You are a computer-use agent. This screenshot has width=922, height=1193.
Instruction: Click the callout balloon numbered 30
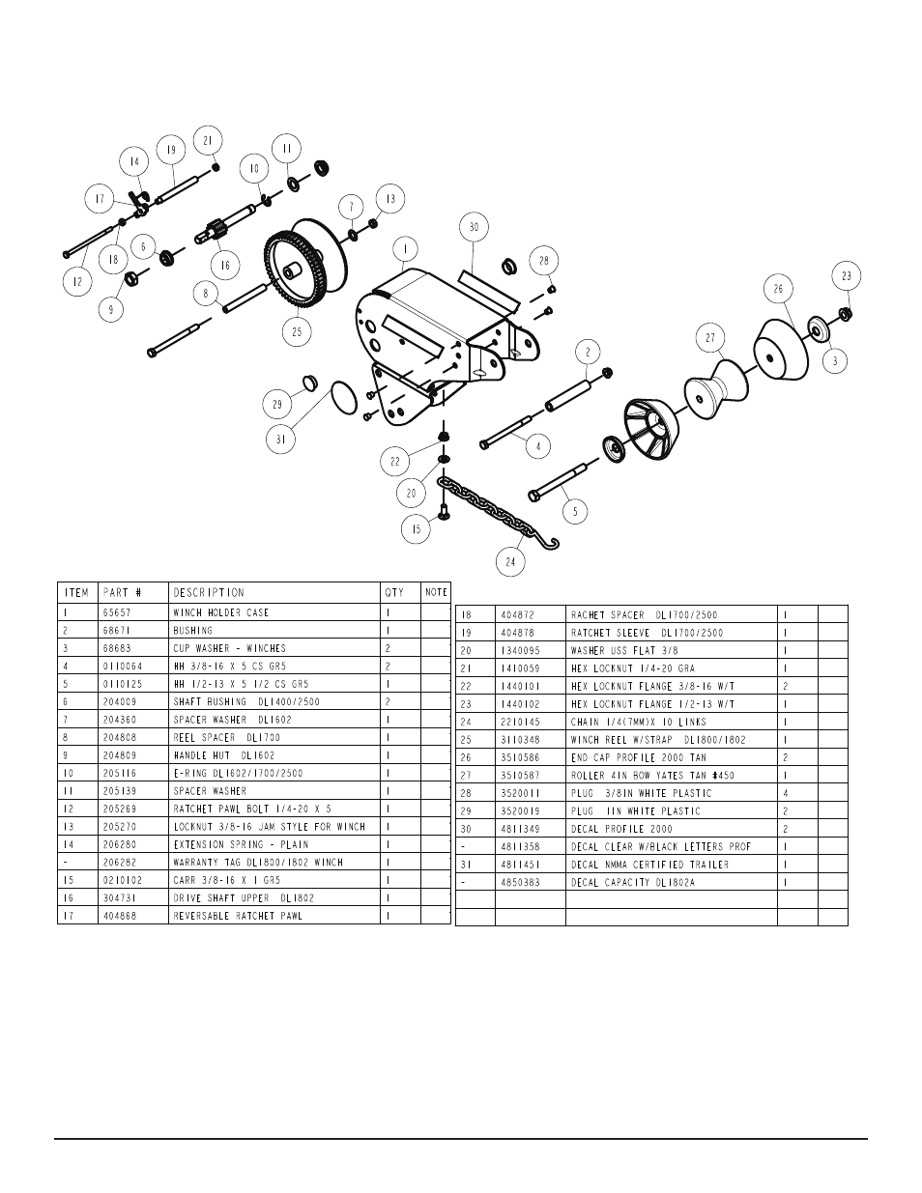473,228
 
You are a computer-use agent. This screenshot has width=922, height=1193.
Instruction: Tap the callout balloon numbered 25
297,330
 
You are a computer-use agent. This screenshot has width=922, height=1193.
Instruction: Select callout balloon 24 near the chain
511,561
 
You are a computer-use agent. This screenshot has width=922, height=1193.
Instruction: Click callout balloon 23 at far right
847,276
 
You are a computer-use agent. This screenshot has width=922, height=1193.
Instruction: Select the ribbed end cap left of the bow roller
650,430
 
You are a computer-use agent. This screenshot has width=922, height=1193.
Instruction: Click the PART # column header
122,592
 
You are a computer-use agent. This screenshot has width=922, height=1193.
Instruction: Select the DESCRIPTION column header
209,592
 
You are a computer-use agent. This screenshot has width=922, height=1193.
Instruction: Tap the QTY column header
394,592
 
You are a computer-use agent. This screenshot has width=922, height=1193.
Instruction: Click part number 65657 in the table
118,612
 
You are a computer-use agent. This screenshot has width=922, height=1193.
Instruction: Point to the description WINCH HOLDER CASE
220,612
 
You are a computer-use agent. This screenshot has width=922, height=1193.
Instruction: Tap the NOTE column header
436,592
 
